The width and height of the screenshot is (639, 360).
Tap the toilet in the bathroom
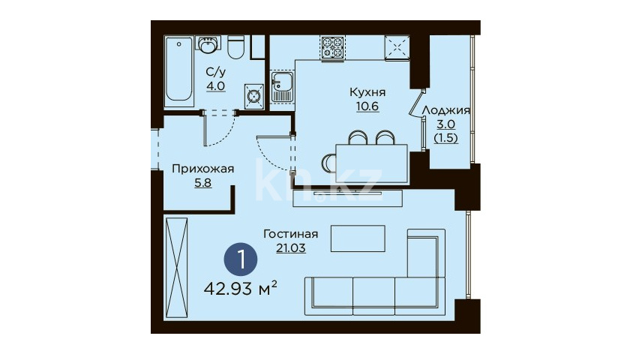pyautogui.click(x=235, y=47)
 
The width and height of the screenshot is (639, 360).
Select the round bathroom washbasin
pyautogui.click(x=208, y=44)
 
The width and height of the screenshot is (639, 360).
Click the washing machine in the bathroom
pyautogui.click(x=254, y=96)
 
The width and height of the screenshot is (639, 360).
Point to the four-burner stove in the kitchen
pyautogui.click(x=332, y=48)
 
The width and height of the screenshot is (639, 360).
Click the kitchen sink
pyautogui.click(x=281, y=87)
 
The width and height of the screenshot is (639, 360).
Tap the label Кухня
pyautogui.click(x=367, y=92)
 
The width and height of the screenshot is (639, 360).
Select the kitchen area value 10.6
pyautogui.click(x=367, y=106)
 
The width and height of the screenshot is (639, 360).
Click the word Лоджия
pyautogui.click(x=445, y=110)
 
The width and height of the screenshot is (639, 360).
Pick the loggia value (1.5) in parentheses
pyautogui.click(x=445, y=138)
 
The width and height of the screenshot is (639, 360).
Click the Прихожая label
pyautogui.click(x=203, y=169)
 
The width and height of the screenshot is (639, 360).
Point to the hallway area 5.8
pyautogui.click(x=203, y=183)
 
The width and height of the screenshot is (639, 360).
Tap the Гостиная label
pyautogui.click(x=290, y=234)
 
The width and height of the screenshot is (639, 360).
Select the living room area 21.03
pyautogui.click(x=290, y=248)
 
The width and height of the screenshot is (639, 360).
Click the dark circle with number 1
pyautogui.click(x=241, y=259)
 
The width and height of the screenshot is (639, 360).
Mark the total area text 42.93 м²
pyautogui.click(x=241, y=289)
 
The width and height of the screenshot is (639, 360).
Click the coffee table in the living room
pyautogui.click(x=358, y=238)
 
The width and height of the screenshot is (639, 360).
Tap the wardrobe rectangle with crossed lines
pyautogui.click(x=176, y=268)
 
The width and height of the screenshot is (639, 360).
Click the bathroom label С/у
pyautogui.click(x=215, y=72)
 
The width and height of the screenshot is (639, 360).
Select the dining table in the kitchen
pyautogui.click(x=372, y=163)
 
